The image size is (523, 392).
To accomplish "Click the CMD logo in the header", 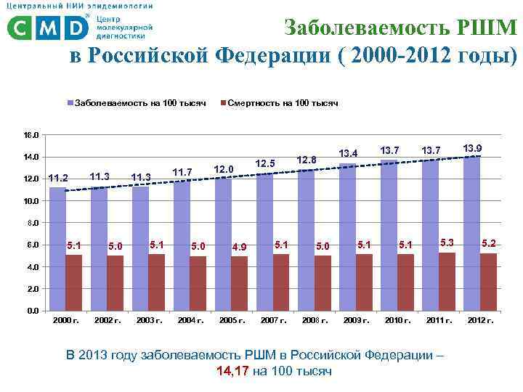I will coord(47,27).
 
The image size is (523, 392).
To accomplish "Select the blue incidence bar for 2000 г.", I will coord(57,249).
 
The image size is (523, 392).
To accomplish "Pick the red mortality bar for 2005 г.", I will coord(240,283).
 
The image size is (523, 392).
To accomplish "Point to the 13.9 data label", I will coord(472,148).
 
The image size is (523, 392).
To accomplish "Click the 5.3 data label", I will coord(447,242).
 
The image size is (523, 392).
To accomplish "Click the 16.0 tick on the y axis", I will coord(31,136).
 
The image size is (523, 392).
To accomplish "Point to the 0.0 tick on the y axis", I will coord(31,311).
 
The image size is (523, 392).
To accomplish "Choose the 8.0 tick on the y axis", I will coord(31,224).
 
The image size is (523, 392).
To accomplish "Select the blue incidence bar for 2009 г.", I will coord(347,237).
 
